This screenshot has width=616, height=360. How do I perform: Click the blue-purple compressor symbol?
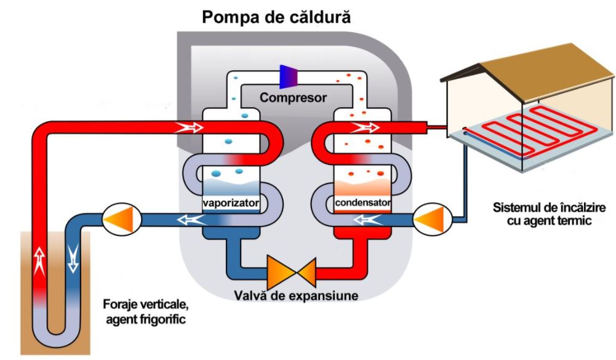289,76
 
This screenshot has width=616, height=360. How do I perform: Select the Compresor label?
293,97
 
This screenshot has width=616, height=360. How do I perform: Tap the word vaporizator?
231,202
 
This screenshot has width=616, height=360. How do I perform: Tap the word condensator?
362,202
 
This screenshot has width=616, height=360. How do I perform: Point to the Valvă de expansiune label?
296,295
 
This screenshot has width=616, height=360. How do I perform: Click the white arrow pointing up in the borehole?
40,260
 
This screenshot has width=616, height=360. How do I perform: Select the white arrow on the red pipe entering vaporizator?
188,127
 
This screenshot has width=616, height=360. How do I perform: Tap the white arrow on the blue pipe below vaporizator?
188,219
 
